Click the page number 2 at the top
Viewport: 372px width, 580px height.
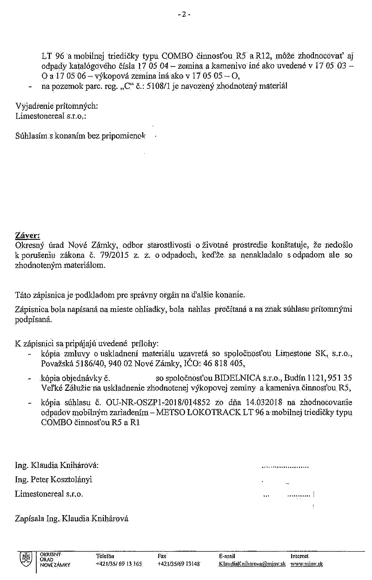(184, 14)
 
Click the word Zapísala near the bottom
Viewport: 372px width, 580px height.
(29, 518)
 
